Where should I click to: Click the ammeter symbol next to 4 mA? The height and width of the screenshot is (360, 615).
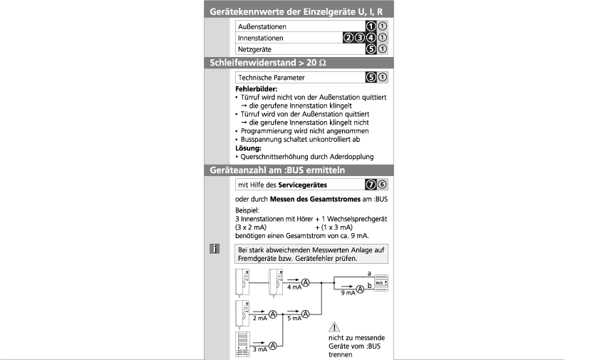pos(306,283)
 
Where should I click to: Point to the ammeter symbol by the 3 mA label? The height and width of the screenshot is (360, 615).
pos(272,346)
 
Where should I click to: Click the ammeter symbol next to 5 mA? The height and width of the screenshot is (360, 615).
pos(306,313)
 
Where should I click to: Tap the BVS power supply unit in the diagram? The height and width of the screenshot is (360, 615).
pos(382,283)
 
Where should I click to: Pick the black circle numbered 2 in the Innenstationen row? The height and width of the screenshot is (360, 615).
pos(348,38)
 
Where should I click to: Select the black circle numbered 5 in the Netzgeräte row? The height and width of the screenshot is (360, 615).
pos(371,48)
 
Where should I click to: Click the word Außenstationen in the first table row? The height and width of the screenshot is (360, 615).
pos(262,27)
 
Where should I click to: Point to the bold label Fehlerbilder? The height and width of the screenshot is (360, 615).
pos(257,88)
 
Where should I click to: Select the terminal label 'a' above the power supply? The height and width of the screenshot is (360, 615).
pos(368,273)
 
